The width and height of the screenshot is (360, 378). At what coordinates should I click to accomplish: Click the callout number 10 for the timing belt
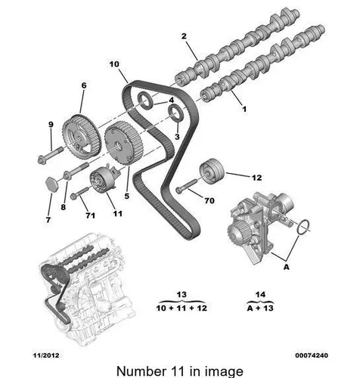pos(114,64)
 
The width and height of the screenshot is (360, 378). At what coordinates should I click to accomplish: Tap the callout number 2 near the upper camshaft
pos(184,36)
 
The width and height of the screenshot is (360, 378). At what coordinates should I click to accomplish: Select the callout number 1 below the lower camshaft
pos(244,109)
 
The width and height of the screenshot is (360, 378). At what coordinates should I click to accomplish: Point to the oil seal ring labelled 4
pos(144,101)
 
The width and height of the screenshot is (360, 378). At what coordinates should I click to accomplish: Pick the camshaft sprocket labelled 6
pos(81,135)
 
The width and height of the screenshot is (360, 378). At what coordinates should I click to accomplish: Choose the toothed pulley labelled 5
pos(123,143)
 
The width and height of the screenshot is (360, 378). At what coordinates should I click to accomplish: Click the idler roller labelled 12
pos(212,172)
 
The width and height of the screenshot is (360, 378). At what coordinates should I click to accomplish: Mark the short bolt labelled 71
pos(80,193)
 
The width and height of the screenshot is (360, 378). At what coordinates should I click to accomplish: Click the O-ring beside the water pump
pos(303,227)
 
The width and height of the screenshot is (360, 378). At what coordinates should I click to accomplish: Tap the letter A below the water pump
pos(286,267)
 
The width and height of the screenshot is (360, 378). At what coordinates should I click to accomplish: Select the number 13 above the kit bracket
pos(182,294)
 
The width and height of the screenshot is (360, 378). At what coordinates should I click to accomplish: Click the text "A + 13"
pos(260,308)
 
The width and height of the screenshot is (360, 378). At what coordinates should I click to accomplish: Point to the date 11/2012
pos(46,355)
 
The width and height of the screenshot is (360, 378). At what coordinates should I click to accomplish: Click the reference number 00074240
pos(312,355)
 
